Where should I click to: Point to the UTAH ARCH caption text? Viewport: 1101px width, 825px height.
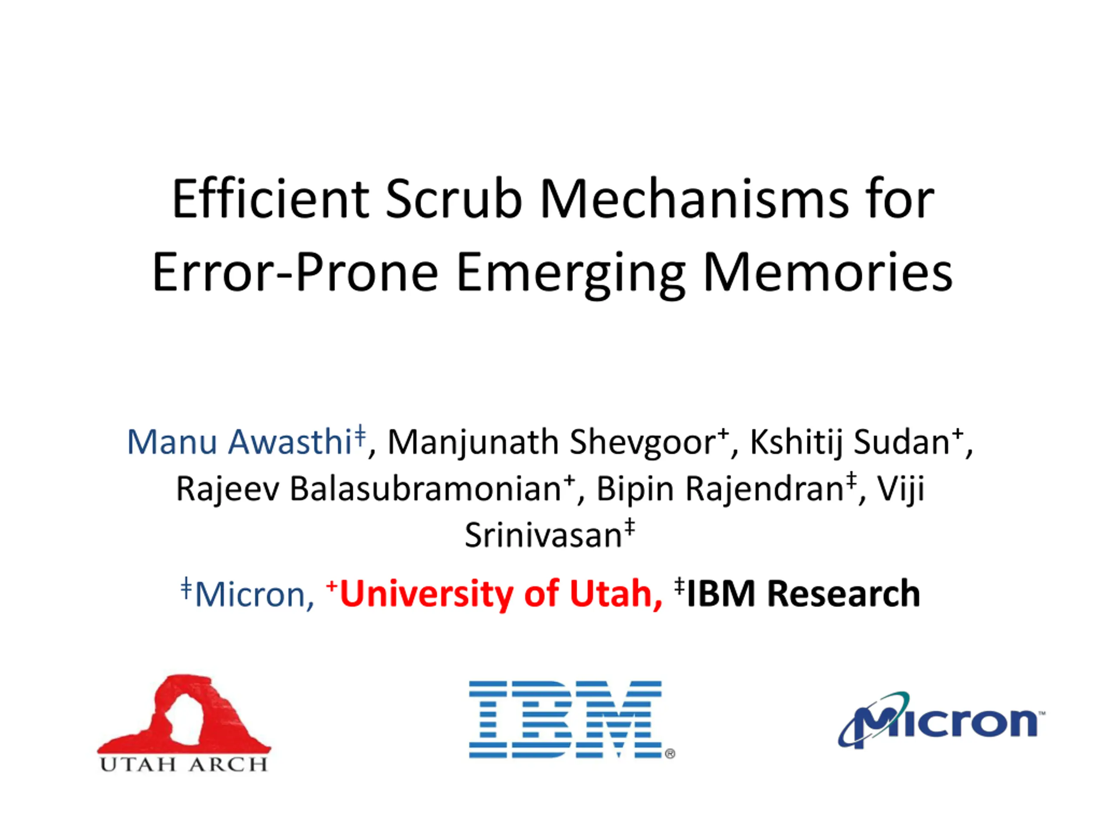click(184, 764)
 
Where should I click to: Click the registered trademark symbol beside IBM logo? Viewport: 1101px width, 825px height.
click(670, 754)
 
